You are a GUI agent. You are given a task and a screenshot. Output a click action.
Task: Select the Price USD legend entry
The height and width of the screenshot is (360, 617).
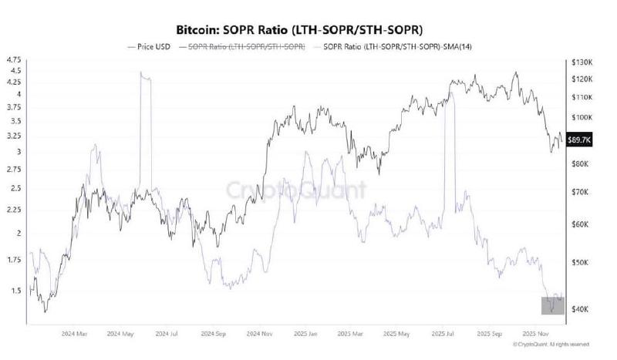(151, 47)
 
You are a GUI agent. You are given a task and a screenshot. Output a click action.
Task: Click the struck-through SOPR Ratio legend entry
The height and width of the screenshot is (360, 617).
(241, 47)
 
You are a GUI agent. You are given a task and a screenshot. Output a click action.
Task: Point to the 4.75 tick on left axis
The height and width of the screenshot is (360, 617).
(13, 59)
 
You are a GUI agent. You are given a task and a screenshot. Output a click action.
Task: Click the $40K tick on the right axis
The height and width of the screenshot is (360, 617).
(578, 309)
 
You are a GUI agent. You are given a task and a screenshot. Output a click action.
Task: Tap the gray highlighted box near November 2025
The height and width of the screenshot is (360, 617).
(554, 304)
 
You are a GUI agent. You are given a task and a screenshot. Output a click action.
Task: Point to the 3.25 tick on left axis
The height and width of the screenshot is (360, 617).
(13, 134)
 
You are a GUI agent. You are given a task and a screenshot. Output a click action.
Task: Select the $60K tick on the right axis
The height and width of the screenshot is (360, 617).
(578, 224)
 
